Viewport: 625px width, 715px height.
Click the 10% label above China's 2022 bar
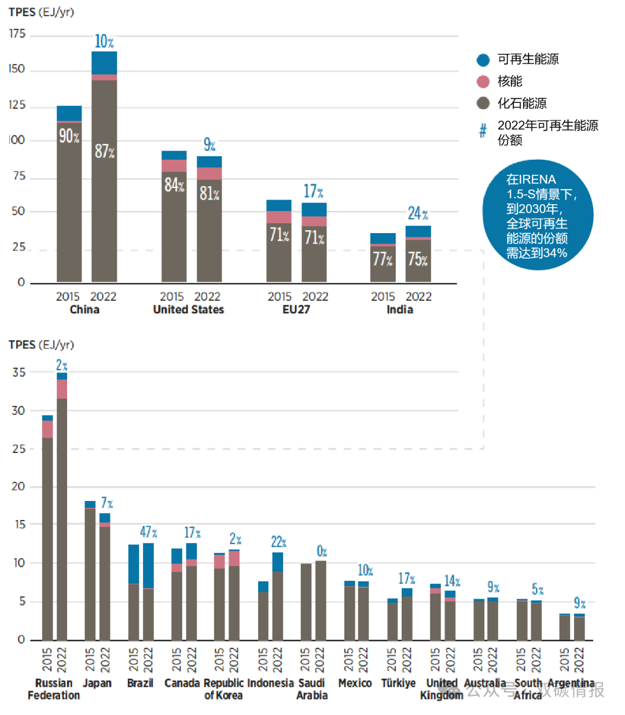tap(104, 42)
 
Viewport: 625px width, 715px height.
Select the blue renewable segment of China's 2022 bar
tap(104, 62)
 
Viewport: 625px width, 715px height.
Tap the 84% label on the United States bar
tap(174, 185)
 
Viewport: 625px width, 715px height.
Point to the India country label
tap(400, 309)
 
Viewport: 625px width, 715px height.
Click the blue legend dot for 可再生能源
tap(483, 60)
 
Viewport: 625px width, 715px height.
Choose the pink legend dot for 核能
tap(483, 82)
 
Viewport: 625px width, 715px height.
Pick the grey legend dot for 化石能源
tap(483, 104)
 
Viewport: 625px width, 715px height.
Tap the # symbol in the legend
tap(483, 131)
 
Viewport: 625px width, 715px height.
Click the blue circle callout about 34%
tap(538, 215)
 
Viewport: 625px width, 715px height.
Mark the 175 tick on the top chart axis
tap(17, 34)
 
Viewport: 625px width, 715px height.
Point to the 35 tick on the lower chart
tap(19, 373)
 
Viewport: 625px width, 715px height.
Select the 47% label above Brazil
tap(148, 532)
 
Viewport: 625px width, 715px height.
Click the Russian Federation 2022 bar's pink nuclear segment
tap(62, 389)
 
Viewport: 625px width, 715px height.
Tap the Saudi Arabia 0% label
tap(322, 551)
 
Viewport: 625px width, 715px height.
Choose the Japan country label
tap(97, 683)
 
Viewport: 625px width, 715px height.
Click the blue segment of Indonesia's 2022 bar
tap(278, 562)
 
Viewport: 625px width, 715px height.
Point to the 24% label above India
tap(418, 213)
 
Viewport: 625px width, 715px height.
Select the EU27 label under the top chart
tap(296, 309)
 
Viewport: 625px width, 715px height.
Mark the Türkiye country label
tap(398, 683)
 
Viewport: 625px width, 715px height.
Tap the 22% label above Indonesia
tap(278, 542)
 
